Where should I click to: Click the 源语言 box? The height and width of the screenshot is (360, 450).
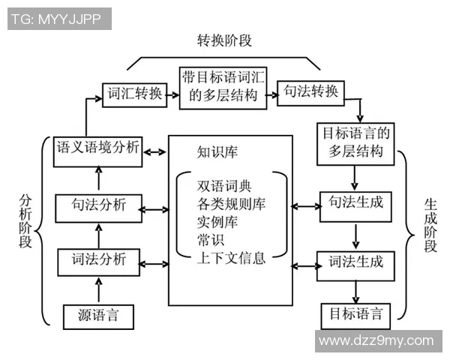(x=98, y=315)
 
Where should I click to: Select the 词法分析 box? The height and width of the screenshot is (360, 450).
(x=98, y=262)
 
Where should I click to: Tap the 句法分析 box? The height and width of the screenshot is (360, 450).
(x=98, y=205)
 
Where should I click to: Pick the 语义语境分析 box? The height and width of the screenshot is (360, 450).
(x=98, y=148)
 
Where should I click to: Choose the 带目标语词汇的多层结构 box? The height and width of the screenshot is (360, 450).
(x=223, y=85)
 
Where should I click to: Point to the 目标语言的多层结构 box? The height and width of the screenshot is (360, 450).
(x=356, y=142)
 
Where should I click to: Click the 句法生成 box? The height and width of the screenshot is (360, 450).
(x=356, y=203)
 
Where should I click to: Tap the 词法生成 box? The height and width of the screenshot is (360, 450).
(x=356, y=262)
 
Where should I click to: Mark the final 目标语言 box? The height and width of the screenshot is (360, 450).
(x=356, y=313)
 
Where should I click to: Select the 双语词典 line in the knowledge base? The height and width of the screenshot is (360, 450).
(x=221, y=184)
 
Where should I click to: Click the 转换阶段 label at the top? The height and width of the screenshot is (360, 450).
(x=224, y=40)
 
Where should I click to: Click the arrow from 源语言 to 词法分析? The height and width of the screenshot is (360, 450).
(x=97, y=289)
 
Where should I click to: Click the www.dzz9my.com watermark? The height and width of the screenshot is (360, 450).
(x=376, y=341)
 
